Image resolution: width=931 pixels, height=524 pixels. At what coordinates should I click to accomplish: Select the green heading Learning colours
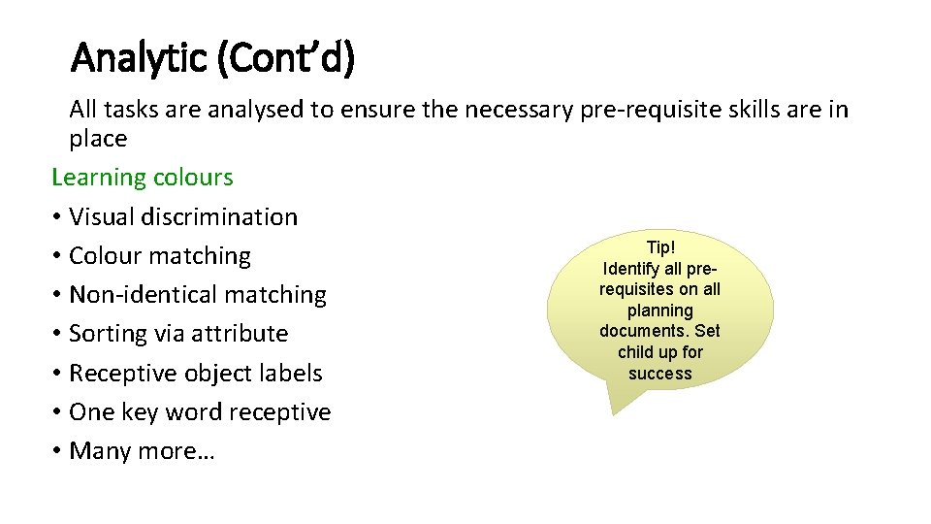[143, 178]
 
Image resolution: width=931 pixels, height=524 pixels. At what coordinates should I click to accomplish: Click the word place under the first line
[98, 139]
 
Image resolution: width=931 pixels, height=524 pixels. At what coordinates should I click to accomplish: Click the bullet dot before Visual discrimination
[57, 217]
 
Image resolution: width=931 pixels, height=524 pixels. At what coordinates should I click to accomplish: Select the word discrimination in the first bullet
[219, 216]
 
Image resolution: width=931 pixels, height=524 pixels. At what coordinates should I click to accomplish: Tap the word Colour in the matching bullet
[105, 256]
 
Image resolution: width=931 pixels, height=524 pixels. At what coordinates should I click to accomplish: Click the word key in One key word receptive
[140, 412]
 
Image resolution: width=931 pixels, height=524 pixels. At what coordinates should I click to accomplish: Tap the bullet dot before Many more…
[57, 451]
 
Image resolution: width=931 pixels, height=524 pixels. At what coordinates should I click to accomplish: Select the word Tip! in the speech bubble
[660, 248]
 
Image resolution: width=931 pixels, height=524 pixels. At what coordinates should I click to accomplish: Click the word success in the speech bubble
[660, 374]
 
